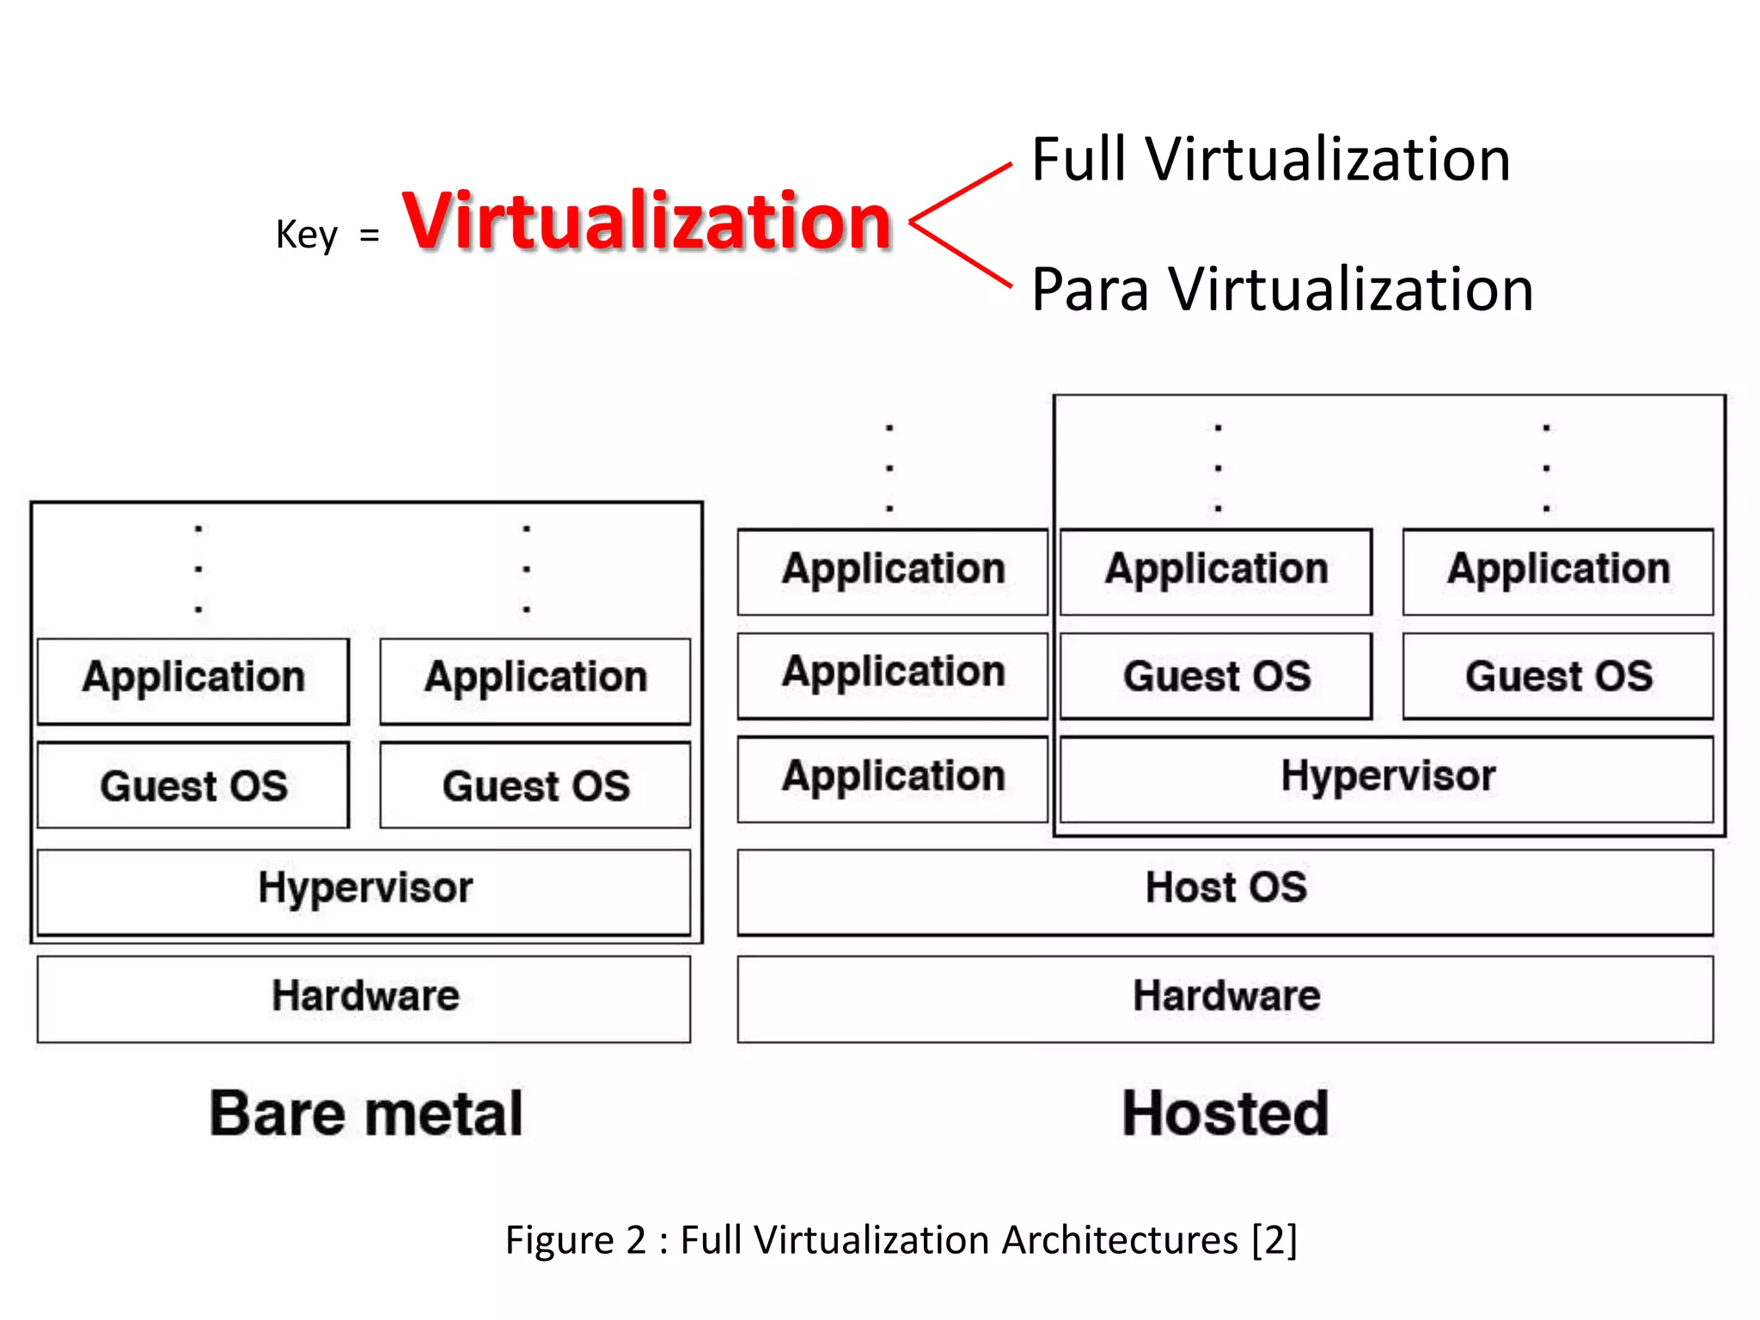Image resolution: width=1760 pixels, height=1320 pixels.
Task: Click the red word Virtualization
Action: point(646,222)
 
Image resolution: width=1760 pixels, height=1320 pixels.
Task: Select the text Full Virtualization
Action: point(1270,160)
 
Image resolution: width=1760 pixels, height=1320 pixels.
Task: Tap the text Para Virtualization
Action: point(1281,290)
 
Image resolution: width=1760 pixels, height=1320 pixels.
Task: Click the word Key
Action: point(306,235)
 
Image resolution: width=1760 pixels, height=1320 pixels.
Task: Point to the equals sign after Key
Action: point(370,235)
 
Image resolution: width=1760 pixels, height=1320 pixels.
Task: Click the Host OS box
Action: point(1225,890)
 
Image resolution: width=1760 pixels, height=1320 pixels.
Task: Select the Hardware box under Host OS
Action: point(1225,998)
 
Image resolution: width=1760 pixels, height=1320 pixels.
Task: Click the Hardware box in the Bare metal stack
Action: point(364,998)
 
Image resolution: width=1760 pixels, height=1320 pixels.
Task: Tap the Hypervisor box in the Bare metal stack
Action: point(364,890)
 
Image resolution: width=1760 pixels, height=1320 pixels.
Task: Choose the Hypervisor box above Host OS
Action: point(1386,778)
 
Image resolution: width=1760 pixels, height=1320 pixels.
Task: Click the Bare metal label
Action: point(365,1114)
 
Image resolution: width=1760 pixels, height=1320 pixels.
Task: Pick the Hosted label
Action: point(1225,1114)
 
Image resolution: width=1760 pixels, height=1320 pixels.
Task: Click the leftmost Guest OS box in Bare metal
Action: point(193,785)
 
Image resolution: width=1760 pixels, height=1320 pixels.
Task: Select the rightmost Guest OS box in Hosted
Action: point(1557,676)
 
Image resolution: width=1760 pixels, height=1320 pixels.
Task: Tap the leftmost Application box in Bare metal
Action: point(193,679)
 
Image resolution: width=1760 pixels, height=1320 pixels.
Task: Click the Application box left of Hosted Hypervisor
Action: point(893,778)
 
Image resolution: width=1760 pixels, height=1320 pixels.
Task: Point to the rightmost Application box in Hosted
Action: point(1557,571)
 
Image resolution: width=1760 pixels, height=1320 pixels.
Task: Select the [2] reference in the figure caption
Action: point(1274,1240)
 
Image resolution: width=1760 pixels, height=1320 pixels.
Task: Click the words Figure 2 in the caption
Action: point(575,1240)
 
